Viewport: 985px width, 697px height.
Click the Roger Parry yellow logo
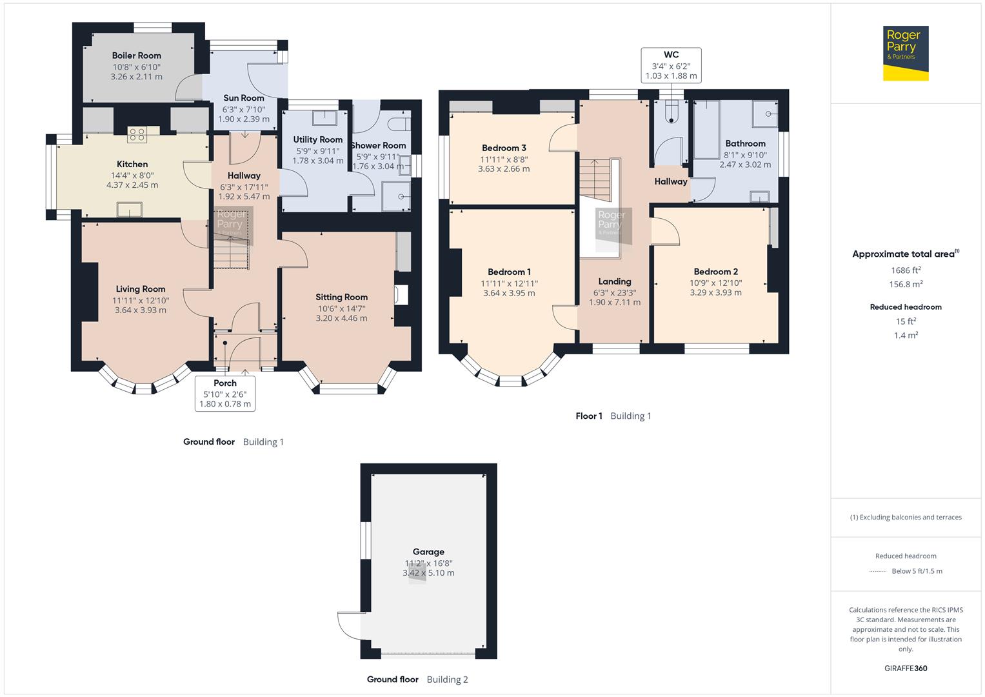(906, 53)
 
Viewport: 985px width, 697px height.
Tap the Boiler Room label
(136, 56)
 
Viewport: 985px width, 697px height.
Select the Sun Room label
(243, 98)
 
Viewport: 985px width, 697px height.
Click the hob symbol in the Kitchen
(137, 134)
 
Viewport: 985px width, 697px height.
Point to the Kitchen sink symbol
(129, 210)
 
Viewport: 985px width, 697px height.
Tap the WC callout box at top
(671, 65)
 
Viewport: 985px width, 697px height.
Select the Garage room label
(428, 552)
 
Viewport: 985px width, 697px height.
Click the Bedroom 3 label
(504, 148)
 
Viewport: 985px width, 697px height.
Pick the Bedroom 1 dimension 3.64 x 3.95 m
(509, 293)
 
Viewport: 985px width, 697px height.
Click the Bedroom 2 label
(715, 272)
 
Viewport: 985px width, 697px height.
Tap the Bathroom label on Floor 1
(745, 143)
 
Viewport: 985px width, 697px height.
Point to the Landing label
(614, 281)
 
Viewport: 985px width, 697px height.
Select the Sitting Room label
(341, 297)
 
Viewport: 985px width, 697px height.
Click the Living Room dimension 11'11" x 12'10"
(140, 300)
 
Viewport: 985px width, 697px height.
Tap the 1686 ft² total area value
(906, 270)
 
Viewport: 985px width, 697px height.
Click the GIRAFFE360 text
(906, 668)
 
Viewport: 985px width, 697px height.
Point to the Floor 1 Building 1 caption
(613, 416)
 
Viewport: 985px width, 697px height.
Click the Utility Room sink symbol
(324, 117)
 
